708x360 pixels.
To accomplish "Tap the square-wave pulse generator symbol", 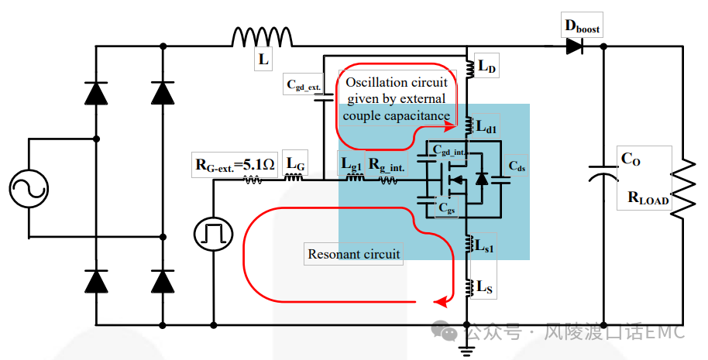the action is (214, 234).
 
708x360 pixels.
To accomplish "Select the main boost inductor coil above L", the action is (262, 36).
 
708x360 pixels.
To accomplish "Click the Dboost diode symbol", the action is (574, 46).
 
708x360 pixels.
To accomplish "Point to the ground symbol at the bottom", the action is (466, 348).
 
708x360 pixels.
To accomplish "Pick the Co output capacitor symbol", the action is (603, 173).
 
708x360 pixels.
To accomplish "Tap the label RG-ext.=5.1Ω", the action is (235, 165).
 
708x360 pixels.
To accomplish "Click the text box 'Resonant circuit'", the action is (353, 254).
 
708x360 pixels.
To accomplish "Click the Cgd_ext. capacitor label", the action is (304, 85).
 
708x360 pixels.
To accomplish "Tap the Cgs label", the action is (446, 208).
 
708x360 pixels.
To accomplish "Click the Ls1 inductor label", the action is (484, 246).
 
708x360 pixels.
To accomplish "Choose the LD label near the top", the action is (486, 67).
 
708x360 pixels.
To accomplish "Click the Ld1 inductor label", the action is (486, 127).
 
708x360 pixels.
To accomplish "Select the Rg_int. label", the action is (387, 165).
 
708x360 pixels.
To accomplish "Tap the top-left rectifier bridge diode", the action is (96, 94).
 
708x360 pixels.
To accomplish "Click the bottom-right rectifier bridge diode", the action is (163, 281).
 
